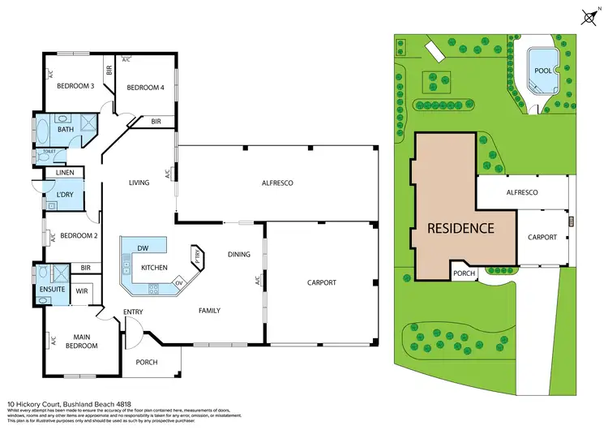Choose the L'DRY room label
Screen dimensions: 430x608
pyautogui.click(x=66, y=193)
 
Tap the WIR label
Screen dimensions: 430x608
pyautogui.click(x=82, y=290)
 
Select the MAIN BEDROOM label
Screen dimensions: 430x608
pyautogui.click(x=81, y=341)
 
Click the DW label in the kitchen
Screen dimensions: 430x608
pyautogui.click(x=143, y=248)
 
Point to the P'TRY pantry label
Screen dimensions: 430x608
pyautogui.click(x=196, y=257)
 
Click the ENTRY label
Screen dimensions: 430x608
pyautogui.click(x=133, y=312)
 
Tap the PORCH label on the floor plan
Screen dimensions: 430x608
pyautogui.click(x=147, y=362)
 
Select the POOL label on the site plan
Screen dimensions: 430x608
pyautogui.click(x=542, y=71)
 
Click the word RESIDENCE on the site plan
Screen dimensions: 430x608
pyautogui.click(x=460, y=228)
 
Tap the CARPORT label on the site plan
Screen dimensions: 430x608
pyautogui.click(x=542, y=237)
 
